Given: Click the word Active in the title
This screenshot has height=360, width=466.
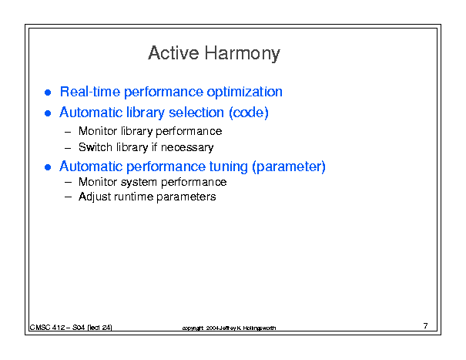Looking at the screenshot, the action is (x=173, y=53).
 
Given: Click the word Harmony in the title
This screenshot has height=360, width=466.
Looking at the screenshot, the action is (x=242, y=54).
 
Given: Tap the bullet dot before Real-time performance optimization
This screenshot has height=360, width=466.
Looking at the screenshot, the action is (x=48, y=93).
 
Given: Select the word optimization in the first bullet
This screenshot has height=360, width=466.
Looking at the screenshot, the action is (x=244, y=92).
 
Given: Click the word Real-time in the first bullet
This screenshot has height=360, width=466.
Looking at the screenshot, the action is (x=90, y=91).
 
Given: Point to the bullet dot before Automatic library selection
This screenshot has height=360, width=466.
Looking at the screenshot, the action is (x=48, y=113).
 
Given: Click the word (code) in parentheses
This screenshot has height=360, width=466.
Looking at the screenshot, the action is (x=249, y=113).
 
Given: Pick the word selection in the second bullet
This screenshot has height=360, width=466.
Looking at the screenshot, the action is (x=196, y=113).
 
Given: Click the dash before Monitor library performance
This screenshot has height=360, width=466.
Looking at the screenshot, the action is (x=68, y=132).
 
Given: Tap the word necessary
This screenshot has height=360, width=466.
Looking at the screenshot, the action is (x=187, y=148).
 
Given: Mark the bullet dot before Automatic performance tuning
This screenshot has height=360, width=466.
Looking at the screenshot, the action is (x=48, y=167).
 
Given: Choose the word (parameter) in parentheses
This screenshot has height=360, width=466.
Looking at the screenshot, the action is (x=289, y=167).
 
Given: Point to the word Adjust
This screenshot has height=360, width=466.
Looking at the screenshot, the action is (x=95, y=197).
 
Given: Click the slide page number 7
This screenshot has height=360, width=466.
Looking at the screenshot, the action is (x=425, y=326).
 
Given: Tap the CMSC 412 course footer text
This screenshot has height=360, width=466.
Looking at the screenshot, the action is (x=71, y=328).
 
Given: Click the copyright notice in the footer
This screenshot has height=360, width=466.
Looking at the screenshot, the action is (x=229, y=328).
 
